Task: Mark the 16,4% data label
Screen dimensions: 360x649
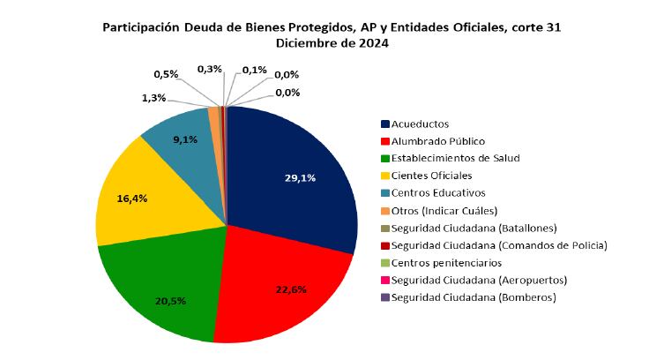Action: tap(131, 199)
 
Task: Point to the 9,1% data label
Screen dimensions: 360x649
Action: tap(186, 139)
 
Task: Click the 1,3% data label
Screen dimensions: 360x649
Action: tap(153, 98)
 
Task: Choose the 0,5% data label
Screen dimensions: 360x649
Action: tap(166, 74)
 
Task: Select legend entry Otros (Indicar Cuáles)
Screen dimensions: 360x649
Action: tap(444, 211)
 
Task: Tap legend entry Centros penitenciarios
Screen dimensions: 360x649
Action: tap(446, 263)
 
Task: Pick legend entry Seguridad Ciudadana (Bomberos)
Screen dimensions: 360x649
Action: tap(473, 297)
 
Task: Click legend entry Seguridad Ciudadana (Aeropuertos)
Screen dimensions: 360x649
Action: tap(479, 280)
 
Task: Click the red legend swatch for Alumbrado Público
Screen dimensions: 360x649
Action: tap(385, 141)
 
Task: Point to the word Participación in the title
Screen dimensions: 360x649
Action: tap(142, 27)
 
